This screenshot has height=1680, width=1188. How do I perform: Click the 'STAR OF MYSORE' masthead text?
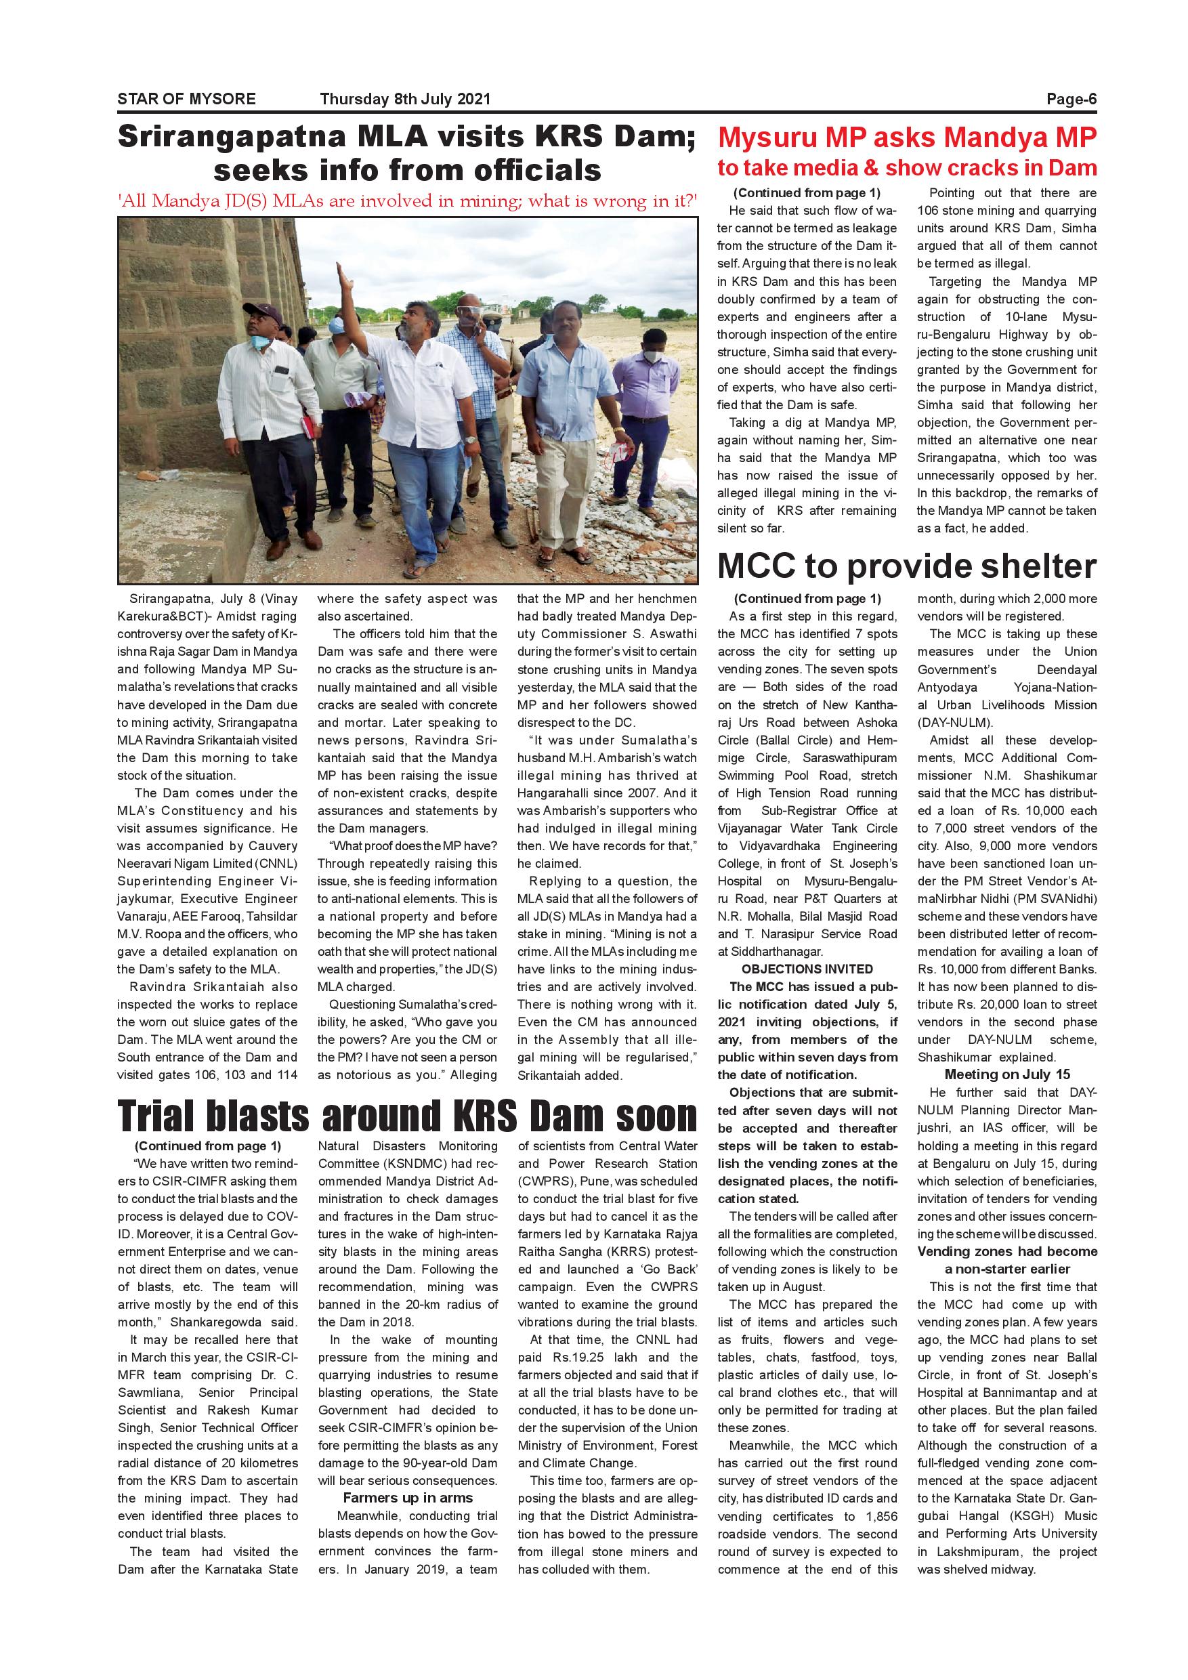[186, 99]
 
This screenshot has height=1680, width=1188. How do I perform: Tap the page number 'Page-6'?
[1071, 99]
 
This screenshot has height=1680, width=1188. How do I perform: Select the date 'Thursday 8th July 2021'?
[404, 99]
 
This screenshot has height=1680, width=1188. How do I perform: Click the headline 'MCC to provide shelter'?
[906, 566]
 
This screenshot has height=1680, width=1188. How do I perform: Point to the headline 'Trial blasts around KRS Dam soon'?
[408, 1116]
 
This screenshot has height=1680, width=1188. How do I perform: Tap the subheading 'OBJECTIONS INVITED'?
[807, 969]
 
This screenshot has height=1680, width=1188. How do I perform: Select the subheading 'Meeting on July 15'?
[1006, 1074]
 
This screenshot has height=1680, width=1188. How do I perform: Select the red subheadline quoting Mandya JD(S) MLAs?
[408, 201]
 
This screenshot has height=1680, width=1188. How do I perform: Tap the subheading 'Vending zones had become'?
[1006, 1251]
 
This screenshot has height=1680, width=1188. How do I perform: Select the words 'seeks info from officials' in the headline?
[408, 170]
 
